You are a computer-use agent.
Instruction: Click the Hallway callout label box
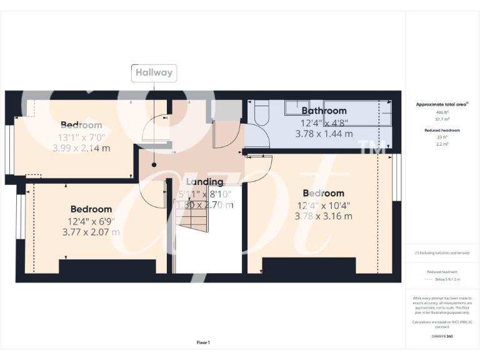(x=154, y=72)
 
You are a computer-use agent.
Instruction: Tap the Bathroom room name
(x=324, y=111)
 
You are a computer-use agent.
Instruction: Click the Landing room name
(x=204, y=182)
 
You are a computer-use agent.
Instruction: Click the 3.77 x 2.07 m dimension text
(x=91, y=232)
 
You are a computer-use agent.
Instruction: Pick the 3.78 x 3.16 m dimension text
(x=324, y=216)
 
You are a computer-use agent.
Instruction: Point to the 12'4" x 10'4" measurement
(x=324, y=205)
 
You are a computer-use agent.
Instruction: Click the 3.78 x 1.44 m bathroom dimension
(x=324, y=134)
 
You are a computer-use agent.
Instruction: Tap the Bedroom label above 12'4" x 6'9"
(x=91, y=209)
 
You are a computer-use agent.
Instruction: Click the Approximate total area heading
(x=442, y=104)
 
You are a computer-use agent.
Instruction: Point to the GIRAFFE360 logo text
(x=442, y=336)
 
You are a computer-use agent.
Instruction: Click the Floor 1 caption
(x=203, y=342)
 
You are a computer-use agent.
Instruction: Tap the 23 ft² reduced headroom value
(x=442, y=137)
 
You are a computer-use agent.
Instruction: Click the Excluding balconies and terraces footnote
(x=442, y=252)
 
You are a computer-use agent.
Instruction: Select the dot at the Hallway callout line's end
(x=154, y=165)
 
